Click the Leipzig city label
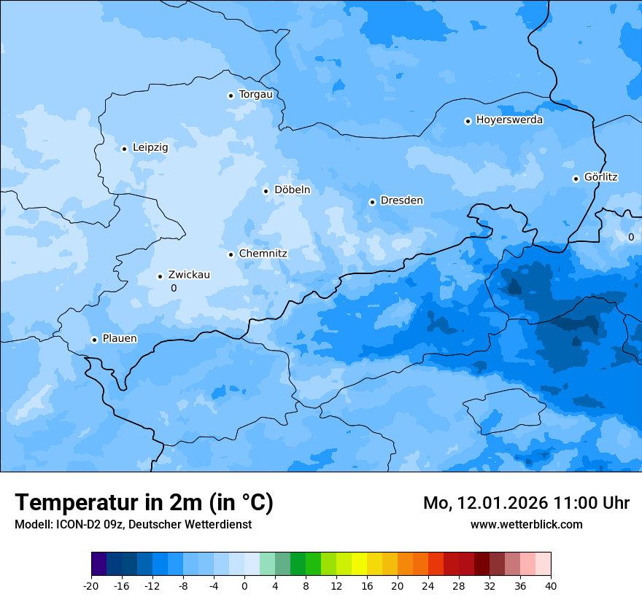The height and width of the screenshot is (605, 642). pyautogui.click(x=150, y=148)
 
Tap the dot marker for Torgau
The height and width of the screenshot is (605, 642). pyautogui.click(x=231, y=95)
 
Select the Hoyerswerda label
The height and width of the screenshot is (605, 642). pyautogui.click(x=509, y=120)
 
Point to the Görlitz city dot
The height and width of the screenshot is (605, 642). pyautogui.click(x=576, y=179)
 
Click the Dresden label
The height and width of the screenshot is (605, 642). pyautogui.click(x=401, y=200)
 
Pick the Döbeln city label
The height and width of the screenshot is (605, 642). pyautogui.click(x=292, y=190)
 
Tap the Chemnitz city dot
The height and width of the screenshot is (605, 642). pyautogui.click(x=231, y=254)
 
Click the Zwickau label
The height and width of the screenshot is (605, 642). pyautogui.click(x=189, y=275)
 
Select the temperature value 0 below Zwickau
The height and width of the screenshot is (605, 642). pyautogui.click(x=174, y=289)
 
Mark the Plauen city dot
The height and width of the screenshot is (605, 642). pyautogui.click(x=94, y=340)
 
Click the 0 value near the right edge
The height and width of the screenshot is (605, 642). pyautogui.click(x=631, y=237)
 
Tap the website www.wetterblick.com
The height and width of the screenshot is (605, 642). pyautogui.click(x=527, y=524)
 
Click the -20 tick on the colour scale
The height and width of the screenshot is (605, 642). pyautogui.click(x=91, y=586)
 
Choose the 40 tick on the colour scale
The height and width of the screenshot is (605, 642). pyautogui.click(x=551, y=586)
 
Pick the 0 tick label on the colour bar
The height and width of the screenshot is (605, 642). pyautogui.click(x=244, y=586)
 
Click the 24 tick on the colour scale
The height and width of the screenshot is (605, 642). pyautogui.click(x=428, y=586)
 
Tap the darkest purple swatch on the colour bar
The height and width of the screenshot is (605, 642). pyautogui.click(x=99, y=564)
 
